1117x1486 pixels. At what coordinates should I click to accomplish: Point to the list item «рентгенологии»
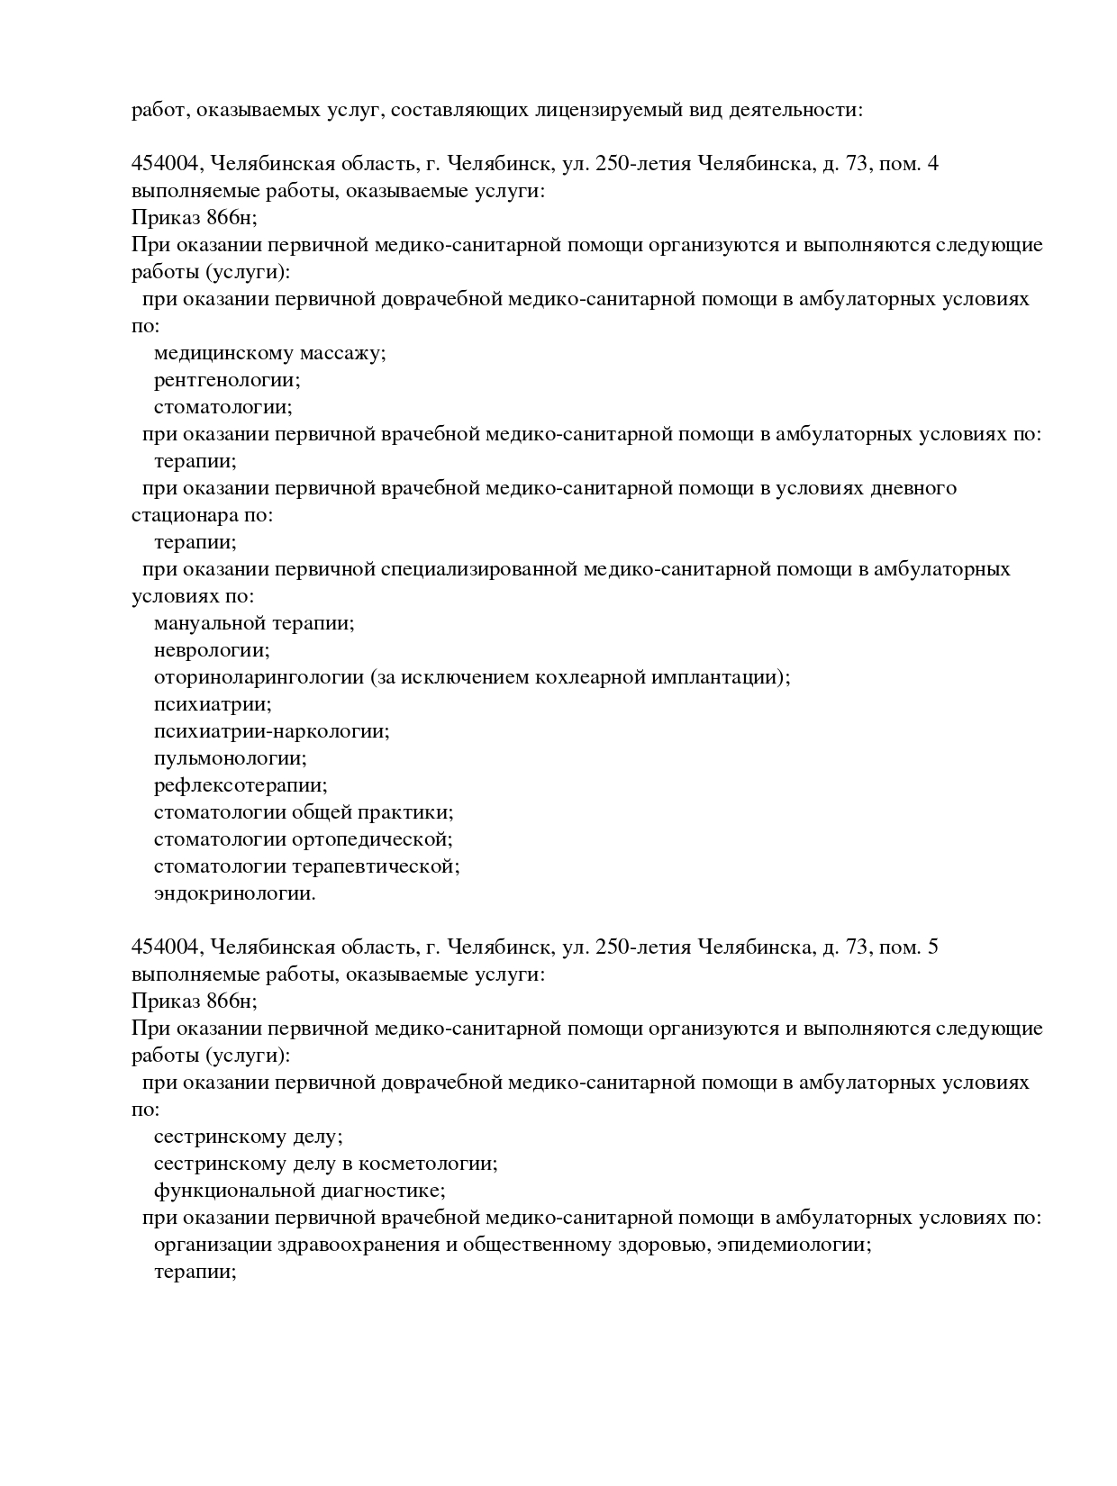pyautogui.click(x=227, y=380)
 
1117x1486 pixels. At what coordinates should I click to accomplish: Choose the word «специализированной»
pyautogui.click(x=478, y=569)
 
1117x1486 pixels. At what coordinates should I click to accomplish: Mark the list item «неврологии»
pyautogui.click(x=212, y=650)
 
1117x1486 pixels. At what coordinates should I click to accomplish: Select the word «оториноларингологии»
pyautogui.click(x=259, y=677)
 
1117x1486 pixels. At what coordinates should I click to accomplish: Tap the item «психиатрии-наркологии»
pyautogui.click(x=271, y=731)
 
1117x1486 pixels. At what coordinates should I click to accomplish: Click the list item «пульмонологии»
pyautogui.click(x=230, y=758)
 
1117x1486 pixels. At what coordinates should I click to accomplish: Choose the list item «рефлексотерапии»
pyautogui.click(x=241, y=785)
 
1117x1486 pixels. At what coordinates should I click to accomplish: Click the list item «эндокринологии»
pyautogui.click(x=234, y=893)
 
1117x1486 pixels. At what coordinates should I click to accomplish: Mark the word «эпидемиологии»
pyautogui.click(x=794, y=1245)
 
